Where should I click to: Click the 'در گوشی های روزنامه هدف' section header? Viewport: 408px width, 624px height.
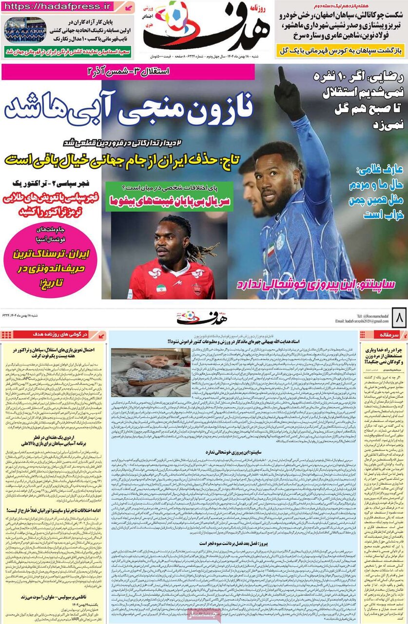point(53,335)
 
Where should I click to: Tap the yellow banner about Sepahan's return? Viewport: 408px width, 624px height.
point(341,51)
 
